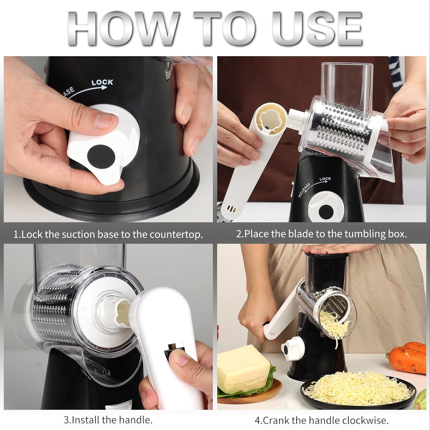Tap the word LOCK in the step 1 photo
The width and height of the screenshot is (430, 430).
(102, 83)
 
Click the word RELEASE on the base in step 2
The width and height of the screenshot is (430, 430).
(304, 190)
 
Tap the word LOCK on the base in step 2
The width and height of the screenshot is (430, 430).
(325, 179)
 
